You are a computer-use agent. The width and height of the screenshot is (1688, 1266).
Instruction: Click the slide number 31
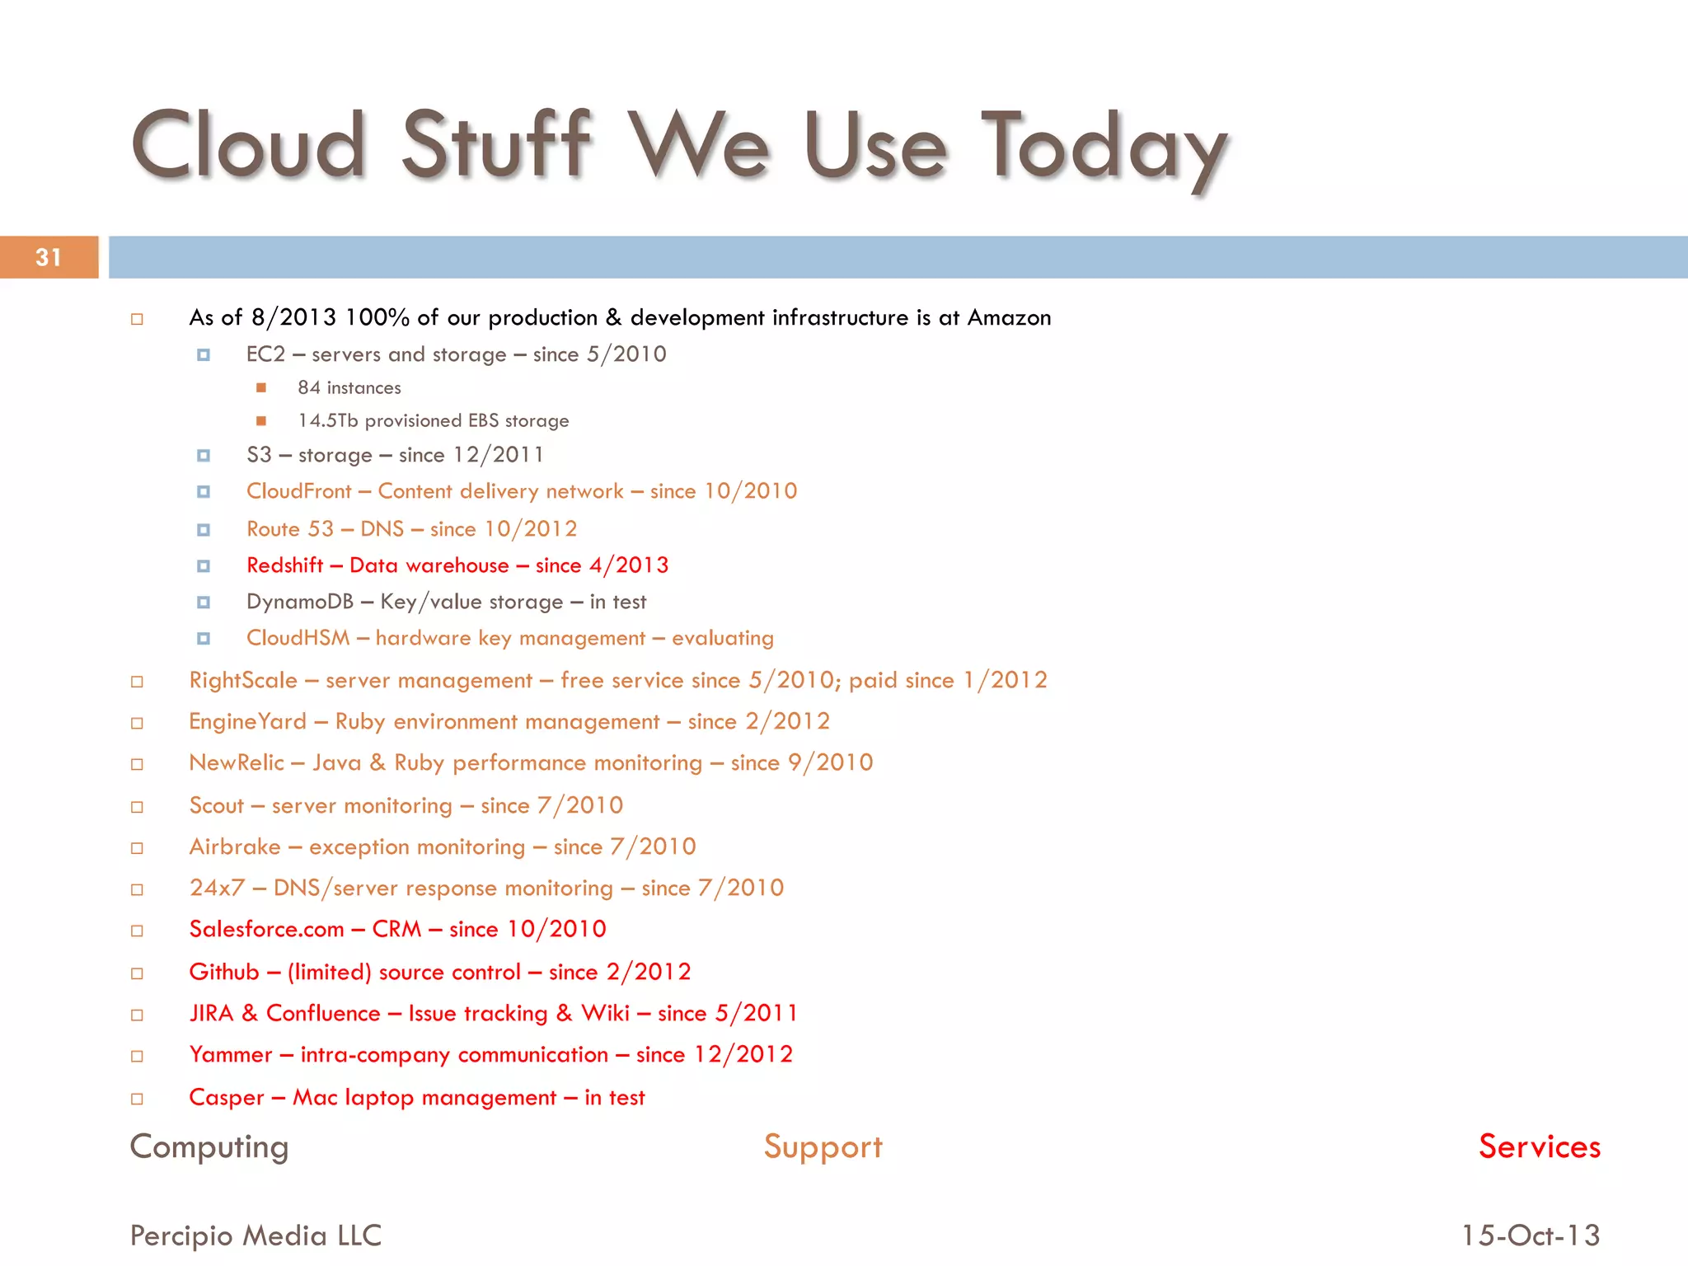click(x=49, y=258)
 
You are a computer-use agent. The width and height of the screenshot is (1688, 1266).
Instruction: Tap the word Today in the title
click(x=1104, y=148)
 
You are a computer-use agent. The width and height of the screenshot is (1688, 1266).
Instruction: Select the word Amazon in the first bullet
click(x=1009, y=318)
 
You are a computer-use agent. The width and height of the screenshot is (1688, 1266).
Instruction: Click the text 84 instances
click(x=349, y=387)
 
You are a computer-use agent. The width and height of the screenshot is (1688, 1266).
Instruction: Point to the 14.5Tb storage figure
click(x=328, y=420)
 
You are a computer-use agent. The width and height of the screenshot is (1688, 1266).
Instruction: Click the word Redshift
click(x=285, y=565)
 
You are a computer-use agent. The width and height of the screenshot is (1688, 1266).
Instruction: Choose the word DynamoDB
click(x=300, y=602)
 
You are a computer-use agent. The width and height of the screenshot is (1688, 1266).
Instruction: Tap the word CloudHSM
click(x=298, y=638)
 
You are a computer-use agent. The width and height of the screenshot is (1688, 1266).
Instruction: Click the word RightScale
click(x=243, y=680)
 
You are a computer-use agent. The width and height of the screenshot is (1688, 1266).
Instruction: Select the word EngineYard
click(x=247, y=722)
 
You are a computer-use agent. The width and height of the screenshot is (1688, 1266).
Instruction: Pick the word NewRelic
click(x=237, y=763)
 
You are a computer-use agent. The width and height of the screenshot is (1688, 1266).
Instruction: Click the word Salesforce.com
click(x=266, y=929)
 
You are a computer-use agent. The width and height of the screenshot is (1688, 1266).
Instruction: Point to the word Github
click(x=224, y=972)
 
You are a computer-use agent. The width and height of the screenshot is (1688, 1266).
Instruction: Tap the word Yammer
click(x=231, y=1055)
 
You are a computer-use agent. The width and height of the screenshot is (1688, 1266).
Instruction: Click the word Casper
click(x=227, y=1098)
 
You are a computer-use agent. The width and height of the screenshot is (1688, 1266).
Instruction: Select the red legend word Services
click(x=1539, y=1146)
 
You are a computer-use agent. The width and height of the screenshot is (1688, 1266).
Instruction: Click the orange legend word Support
click(x=823, y=1146)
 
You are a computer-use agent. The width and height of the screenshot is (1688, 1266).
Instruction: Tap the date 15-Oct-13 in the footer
click(x=1531, y=1236)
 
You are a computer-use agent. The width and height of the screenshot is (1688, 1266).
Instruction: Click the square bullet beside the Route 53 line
click(x=204, y=529)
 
